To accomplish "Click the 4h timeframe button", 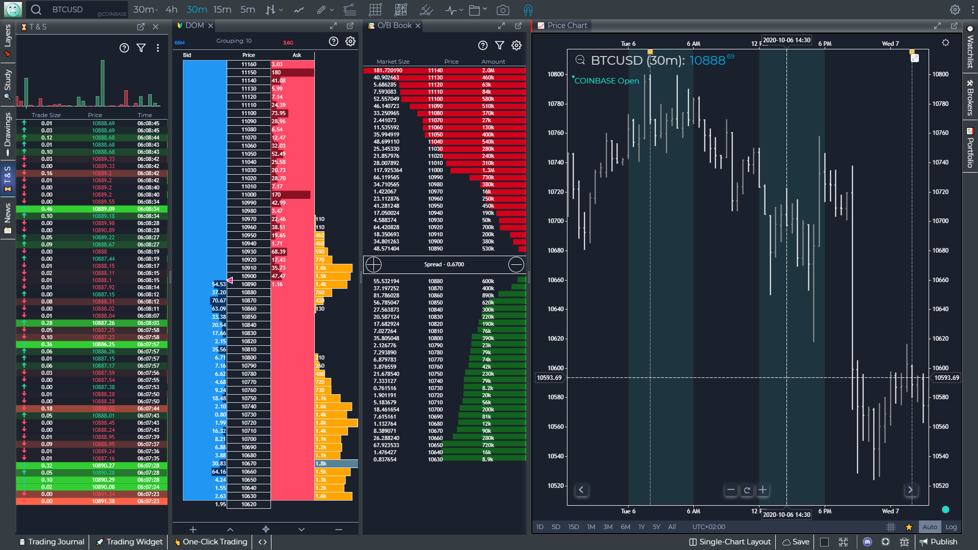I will pyautogui.click(x=172, y=10).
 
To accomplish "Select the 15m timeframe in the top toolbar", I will pyautogui.click(x=222, y=10).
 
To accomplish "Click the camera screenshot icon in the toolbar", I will pyautogui.click(x=502, y=10).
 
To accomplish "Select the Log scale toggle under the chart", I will pyautogui.click(x=950, y=527).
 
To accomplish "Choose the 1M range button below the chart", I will pyautogui.click(x=591, y=527).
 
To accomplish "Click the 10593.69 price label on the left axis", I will pyautogui.click(x=549, y=378).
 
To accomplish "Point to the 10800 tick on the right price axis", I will pyautogui.click(x=940, y=74).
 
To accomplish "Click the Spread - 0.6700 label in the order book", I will pyautogui.click(x=444, y=264).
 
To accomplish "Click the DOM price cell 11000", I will pyautogui.click(x=249, y=195).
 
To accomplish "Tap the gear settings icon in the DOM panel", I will pyautogui.click(x=350, y=41).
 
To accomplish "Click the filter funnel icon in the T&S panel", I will pyautogui.click(x=141, y=48).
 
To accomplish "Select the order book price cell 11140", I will pyautogui.click(x=435, y=70).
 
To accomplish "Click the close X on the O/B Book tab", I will pyautogui.click(x=418, y=25).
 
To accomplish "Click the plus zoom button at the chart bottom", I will pyautogui.click(x=763, y=490).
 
